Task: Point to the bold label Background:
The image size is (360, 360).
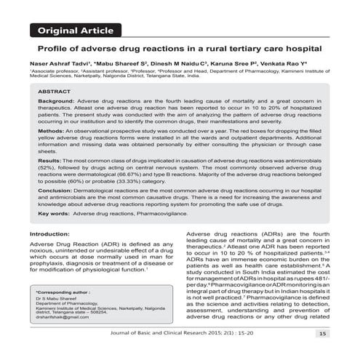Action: tap(56, 116)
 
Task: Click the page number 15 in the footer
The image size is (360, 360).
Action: tap(321, 334)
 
